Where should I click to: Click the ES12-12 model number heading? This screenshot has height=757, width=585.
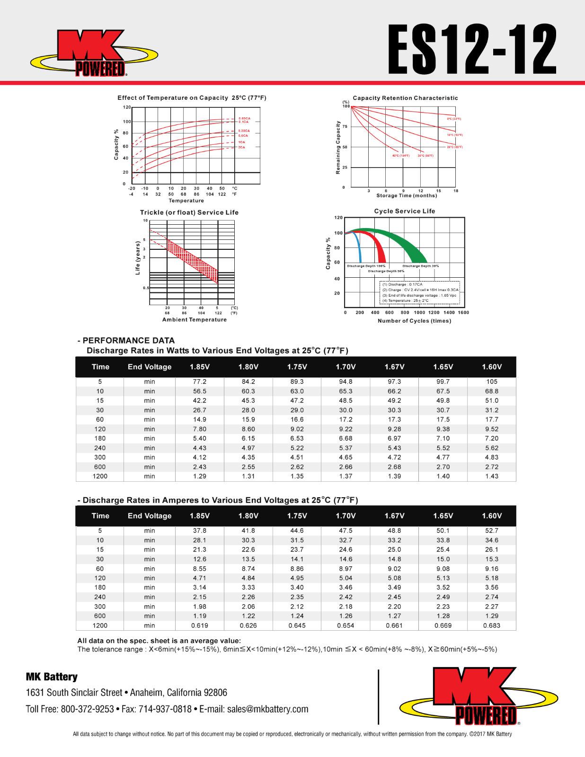pos(472,50)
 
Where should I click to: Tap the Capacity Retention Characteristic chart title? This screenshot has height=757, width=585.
pos(405,98)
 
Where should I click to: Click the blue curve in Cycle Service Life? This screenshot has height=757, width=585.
pos(357,244)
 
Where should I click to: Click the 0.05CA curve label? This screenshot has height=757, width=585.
pos(244,118)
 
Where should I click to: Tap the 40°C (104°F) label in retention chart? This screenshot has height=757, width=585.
pos(400,156)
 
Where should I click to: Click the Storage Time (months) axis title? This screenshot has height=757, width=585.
pos(407,195)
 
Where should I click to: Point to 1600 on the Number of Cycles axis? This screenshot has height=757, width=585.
pos(463,312)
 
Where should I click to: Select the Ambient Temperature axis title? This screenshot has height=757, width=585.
pos(194,320)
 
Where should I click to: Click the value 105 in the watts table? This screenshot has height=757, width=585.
pos(492,381)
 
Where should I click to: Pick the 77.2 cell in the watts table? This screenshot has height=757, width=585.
pos(199,381)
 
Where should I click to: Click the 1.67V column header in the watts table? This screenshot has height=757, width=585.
pos(394,367)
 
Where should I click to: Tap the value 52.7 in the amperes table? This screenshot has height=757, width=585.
pos(492,530)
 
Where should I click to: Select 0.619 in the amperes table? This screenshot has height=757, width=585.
pos(199,625)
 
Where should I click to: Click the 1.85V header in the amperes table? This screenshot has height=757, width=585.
pos(199,516)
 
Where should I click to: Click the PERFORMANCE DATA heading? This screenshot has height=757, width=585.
pos(128,340)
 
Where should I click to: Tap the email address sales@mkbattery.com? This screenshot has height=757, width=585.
pos(267,709)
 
